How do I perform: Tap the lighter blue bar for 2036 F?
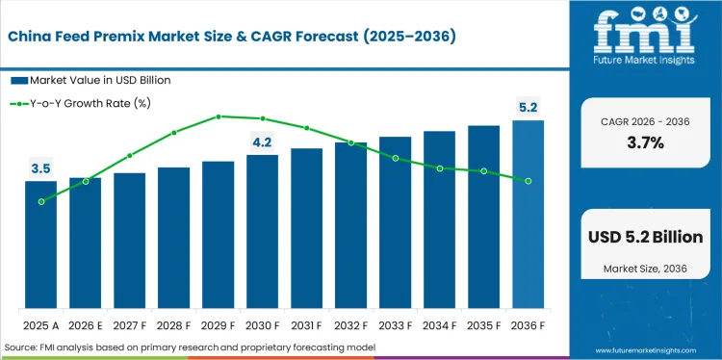pos(528,214)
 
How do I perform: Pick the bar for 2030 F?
pos(262,231)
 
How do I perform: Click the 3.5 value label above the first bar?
pos(41,169)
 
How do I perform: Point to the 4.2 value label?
pos(262,142)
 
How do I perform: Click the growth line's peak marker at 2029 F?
pos(219,116)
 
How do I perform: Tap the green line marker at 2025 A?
pos(41,202)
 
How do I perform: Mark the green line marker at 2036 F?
pos(528,181)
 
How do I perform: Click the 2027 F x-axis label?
pos(130,325)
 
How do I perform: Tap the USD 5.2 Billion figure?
pos(645,237)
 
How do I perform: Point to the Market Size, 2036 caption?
pos(645,266)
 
